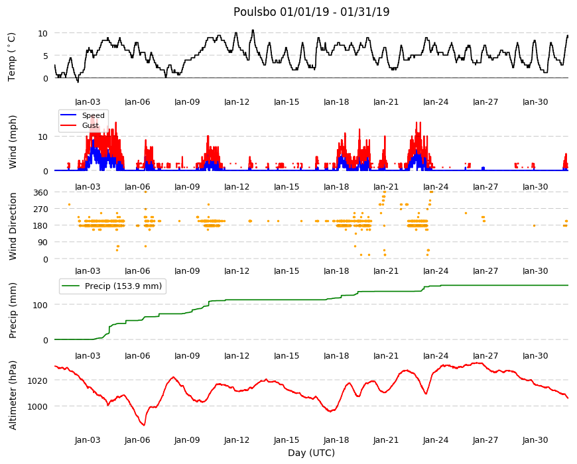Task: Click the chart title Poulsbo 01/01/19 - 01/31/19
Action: pyautogui.click(x=311, y=12)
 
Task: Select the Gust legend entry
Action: pyautogui.click(x=80, y=125)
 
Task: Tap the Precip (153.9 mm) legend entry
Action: pyautogui.click(x=112, y=286)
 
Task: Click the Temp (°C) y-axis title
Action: pyautogui.click(x=12, y=56)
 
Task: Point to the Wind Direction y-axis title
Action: pyautogui.click(x=13, y=226)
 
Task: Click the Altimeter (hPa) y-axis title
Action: pyautogui.click(x=13, y=395)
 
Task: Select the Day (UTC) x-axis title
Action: pyautogui.click(x=311, y=453)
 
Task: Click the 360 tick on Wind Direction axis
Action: pyautogui.click(x=41, y=193)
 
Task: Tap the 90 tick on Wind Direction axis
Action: pyautogui.click(x=43, y=243)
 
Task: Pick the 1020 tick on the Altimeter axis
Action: pyautogui.click(x=38, y=380)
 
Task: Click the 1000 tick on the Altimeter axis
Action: pyautogui.click(x=38, y=406)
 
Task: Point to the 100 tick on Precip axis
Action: pyautogui.click(x=41, y=305)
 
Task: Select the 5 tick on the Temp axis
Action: pyautogui.click(x=46, y=56)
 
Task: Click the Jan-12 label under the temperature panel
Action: pyautogui.click(x=237, y=102)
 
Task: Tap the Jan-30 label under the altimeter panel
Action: pyautogui.click(x=535, y=440)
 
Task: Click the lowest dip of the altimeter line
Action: pyautogui.click(x=145, y=426)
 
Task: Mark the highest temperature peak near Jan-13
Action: pyautogui.click(x=253, y=30)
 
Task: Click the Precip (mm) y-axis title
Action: pyautogui.click(x=13, y=311)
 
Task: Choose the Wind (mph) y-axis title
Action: pyautogui.click(x=13, y=142)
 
